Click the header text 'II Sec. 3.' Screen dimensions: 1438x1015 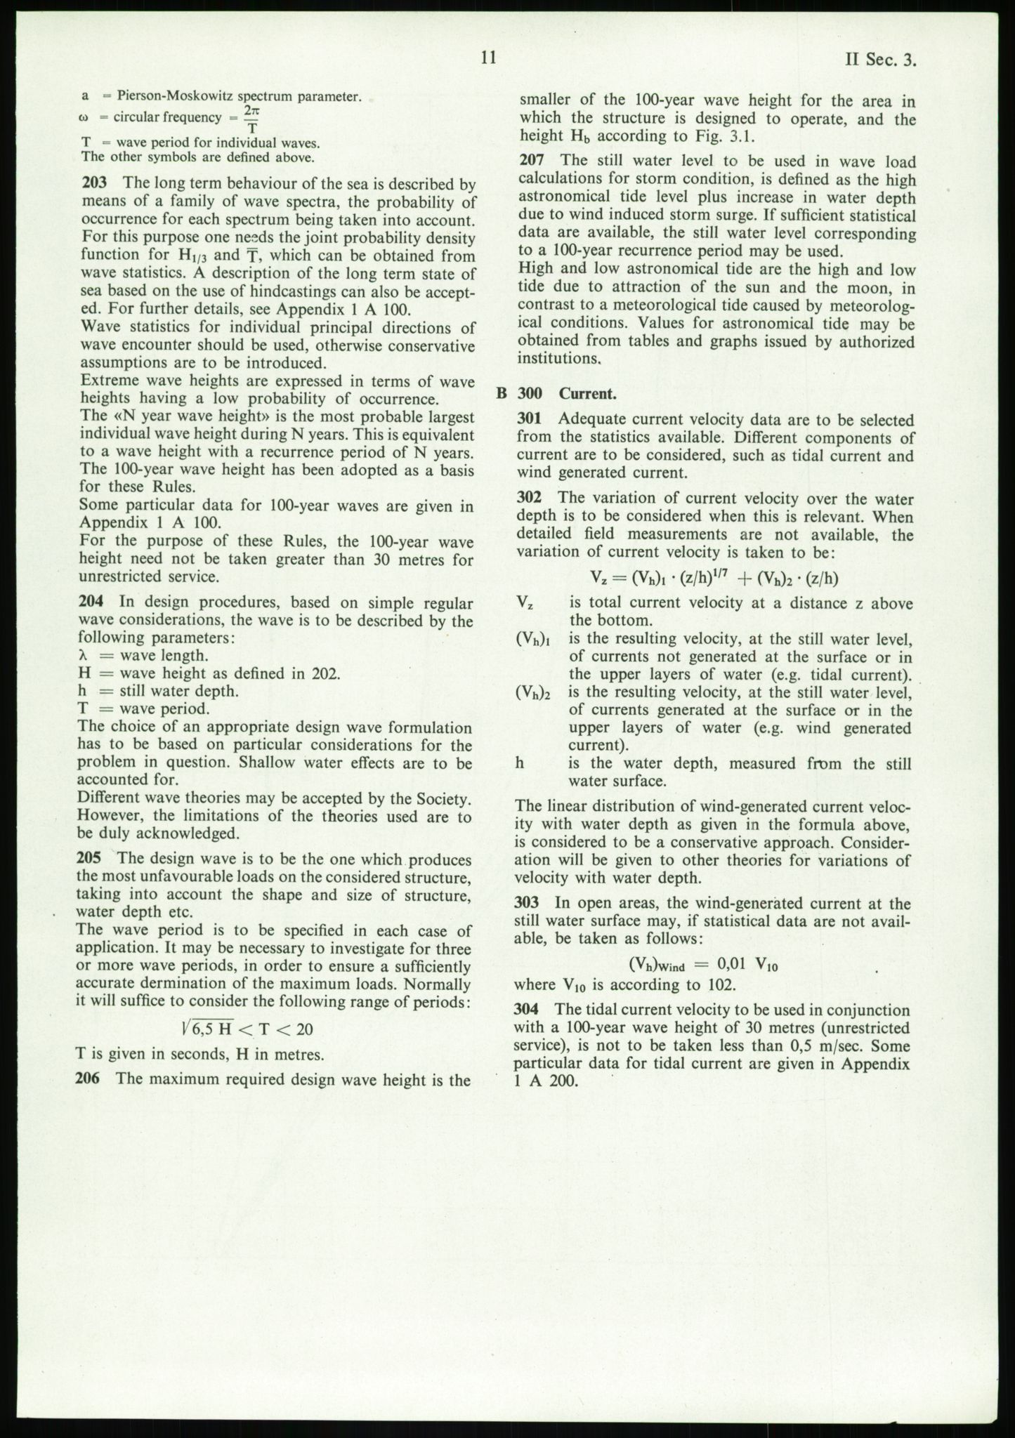pyautogui.click(x=882, y=60)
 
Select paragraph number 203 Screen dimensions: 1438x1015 pyautogui.click(x=94, y=184)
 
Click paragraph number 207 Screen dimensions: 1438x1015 pyautogui.click(x=532, y=161)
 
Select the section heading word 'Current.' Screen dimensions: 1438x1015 pyautogui.click(x=587, y=393)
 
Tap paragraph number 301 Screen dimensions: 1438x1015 pyautogui.click(x=530, y=419)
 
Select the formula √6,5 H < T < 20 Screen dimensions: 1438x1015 pyautogui.click(x=246, y=1029)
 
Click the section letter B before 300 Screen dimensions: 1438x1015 pyautogui.click(x=502, y=393)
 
